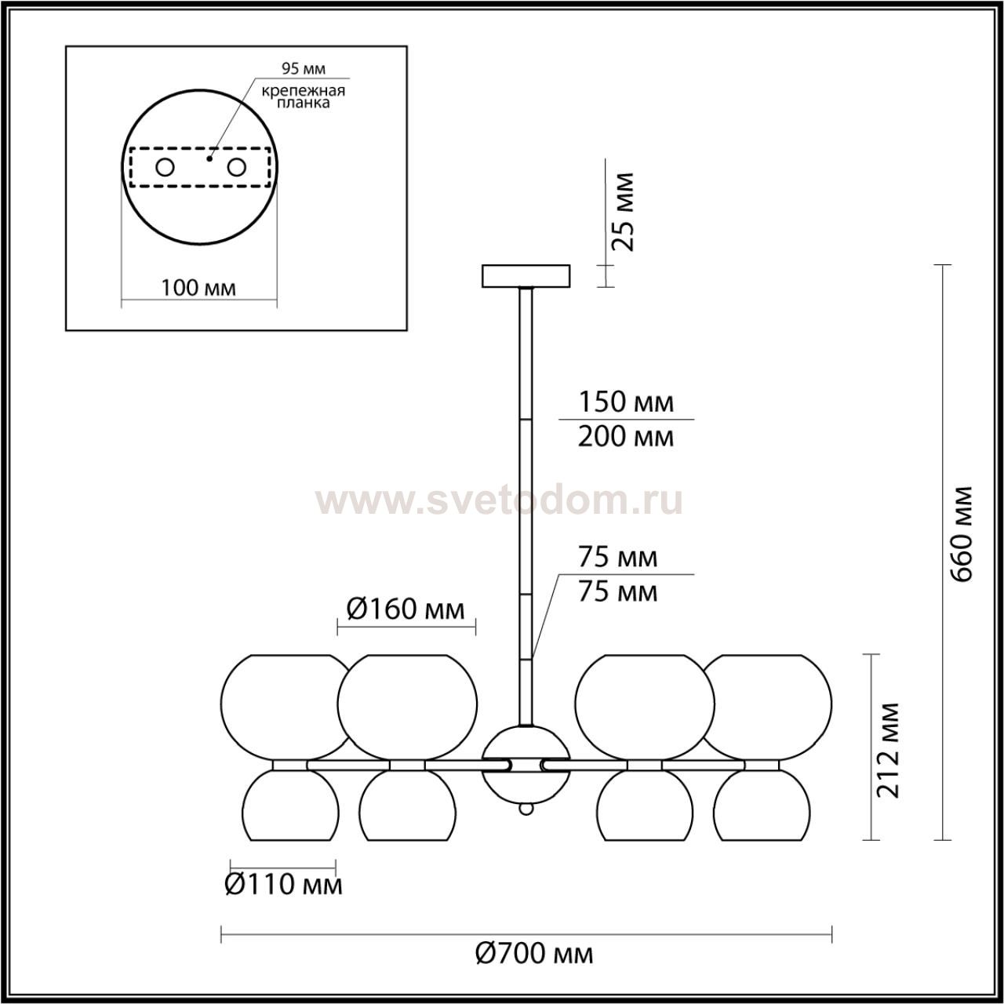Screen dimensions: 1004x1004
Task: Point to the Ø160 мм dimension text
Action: (405, 609)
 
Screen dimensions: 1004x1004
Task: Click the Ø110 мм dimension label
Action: (283, 884)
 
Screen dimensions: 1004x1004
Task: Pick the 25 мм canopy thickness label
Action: (622, 212)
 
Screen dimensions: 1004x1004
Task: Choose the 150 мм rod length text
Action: (626, 402)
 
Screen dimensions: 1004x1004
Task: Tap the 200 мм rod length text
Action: (625, 437)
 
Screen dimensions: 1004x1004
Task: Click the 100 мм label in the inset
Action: (198, 288)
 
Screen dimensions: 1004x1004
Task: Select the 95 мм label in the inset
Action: (304, 68)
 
